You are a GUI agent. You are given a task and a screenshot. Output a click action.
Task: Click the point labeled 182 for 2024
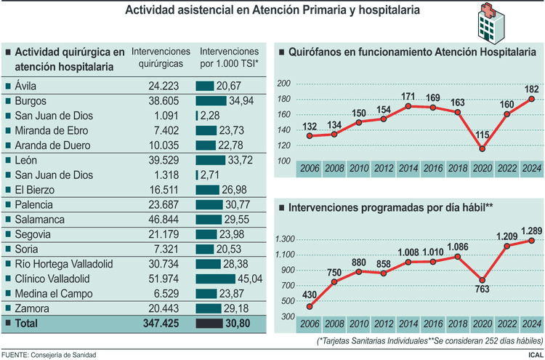(x=532, y=99)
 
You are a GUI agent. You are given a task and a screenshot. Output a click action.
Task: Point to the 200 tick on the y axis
(x=283, y=84)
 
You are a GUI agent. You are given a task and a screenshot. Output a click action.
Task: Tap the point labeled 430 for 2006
(x=310, y=307)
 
